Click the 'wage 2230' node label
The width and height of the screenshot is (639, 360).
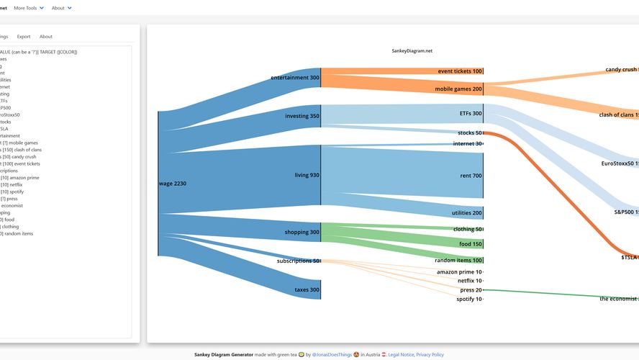coord(173,184)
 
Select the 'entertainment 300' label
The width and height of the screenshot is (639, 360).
coord(295,78)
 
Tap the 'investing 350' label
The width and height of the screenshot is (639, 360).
coord(302,115)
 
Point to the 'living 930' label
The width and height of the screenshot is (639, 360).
coord(307,175)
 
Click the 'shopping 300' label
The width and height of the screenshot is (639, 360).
coord(302,232)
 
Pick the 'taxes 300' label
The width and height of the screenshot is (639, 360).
coord(307,289)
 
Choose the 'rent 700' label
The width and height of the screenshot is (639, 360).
coord(471,176)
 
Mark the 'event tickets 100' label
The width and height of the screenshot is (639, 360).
coord(460,71)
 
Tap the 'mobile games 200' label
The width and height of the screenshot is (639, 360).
coord(458,89)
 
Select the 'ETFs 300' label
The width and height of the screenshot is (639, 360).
coord(471,113)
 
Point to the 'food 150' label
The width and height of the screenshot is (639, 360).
coord(471,244)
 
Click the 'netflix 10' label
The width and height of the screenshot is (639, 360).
coord(469,281)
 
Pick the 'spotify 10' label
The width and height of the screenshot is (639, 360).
coord(468,299)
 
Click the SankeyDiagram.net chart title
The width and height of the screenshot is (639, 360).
coord(412,51)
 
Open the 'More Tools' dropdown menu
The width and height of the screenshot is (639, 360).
coord(29,8)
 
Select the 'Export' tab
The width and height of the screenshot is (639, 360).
coord(24,36)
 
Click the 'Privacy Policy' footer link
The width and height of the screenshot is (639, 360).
coord(430,354)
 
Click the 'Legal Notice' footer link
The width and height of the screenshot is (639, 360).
coord(401,354)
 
